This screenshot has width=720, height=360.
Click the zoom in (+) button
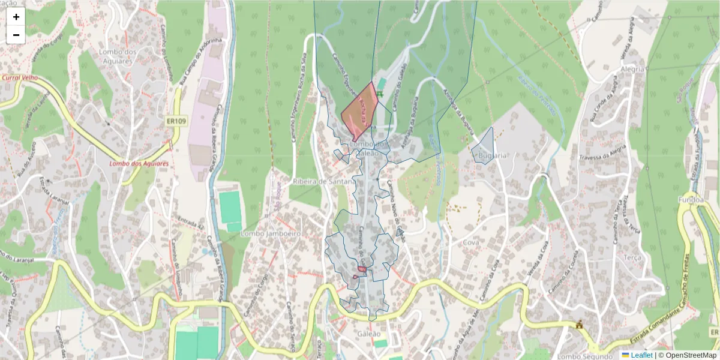coord(16,17)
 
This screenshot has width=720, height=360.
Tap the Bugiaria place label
coord(493,155)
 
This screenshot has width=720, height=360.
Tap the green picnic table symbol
coord(380,94)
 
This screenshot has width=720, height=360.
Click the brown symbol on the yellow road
coord(579,325)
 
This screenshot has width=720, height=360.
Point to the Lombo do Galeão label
coord(368,149)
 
